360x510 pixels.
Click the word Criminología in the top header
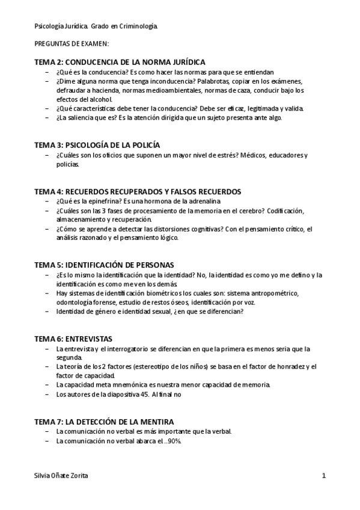point(139,26)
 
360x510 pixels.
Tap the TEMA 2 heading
point(120,62)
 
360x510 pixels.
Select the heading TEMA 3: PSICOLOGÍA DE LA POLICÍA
point(97,145)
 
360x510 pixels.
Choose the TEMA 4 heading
point(138,191)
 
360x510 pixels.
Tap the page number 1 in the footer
point(324,476)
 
